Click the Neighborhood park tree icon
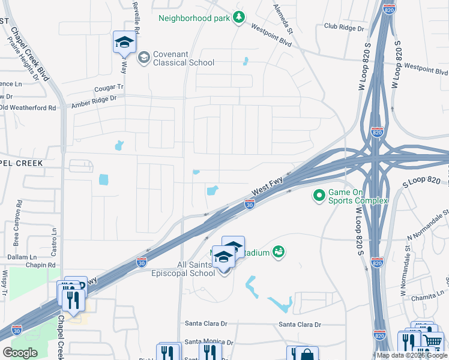240,17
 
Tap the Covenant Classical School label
184,58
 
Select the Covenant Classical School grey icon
143,58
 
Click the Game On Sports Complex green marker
318,196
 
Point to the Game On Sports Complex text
357,196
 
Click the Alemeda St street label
282,19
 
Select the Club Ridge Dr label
346,26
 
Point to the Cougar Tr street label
108,88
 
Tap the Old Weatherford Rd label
28,107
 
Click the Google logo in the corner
20,353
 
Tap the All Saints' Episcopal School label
188,269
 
